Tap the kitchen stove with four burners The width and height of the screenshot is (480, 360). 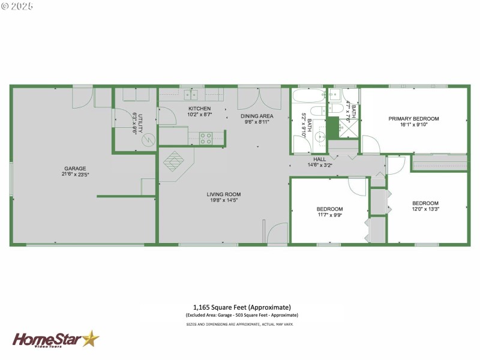pos(205,139)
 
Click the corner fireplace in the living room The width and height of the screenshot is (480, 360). pos(175,162)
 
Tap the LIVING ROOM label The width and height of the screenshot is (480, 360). pos(223,194)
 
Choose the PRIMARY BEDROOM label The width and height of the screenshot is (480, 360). pos(413,119)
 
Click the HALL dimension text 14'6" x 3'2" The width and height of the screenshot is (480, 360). pos(320,165)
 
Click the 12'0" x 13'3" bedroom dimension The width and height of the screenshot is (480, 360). pos(425,209)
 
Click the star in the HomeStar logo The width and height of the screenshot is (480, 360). pos(91,340)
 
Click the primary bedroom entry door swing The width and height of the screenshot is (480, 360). pos(370,145)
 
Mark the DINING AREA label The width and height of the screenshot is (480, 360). pos(257,116)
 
